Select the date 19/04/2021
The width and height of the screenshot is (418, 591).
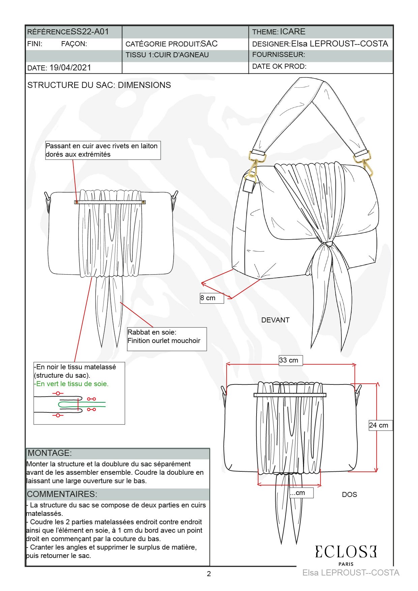pos(70,68)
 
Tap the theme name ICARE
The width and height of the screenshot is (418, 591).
pos(293,32)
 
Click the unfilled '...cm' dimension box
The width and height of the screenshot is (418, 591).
pos(301,493)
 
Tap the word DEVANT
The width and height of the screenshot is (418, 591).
pos(275,320)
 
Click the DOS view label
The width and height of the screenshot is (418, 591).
pos(349,495)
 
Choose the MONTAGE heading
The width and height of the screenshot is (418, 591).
pos(50,453)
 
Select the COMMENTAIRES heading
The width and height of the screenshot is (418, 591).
pos(62,494)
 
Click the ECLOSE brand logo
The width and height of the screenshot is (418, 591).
pos(346,552)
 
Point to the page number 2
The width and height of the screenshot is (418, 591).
pos(209,574)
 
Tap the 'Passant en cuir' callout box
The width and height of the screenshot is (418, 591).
pos(102,150)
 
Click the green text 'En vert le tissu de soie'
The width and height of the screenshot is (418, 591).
pos(72,384)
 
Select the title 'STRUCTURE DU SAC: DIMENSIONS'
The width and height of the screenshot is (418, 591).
pos(99,85)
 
